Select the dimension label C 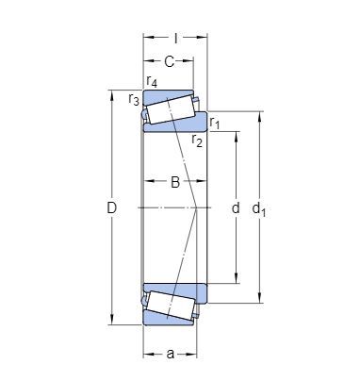[169, 61]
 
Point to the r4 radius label [152, 81]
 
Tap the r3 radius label [134, 100]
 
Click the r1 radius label [215, 123]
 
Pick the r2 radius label [197, 141]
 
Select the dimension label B [175, 182]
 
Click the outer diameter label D [112, 207]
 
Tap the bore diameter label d [236, 207]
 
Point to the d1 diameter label [259, 209]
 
